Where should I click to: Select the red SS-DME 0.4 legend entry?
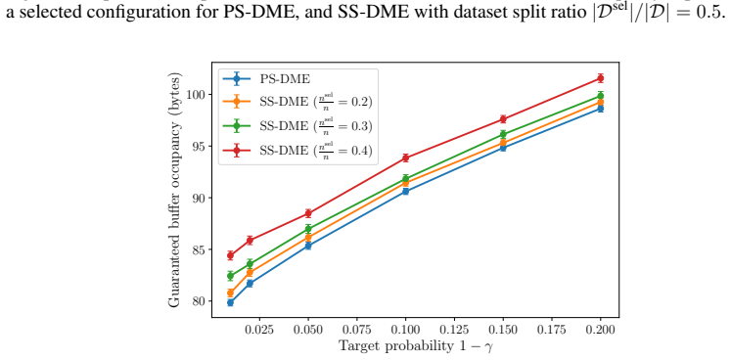[x=298, y=150]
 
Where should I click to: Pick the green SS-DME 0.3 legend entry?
[x=298, y=125]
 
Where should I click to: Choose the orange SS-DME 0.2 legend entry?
[x=298, y=101]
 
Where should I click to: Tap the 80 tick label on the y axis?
[x=198, y=301]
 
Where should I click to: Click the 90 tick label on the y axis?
[x=198, y=198]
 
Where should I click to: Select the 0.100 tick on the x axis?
[x=405, y=330]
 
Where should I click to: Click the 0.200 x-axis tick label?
[x=601, y=330]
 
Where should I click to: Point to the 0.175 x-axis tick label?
[x=552, y=330]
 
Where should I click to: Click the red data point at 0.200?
[x=601, y=78]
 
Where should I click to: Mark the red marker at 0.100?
[x=405, y=157]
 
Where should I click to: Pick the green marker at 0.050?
[x=308, y=229]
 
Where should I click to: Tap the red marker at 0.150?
[x=503, y=119]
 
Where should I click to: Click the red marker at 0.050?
[x=308, y=213]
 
